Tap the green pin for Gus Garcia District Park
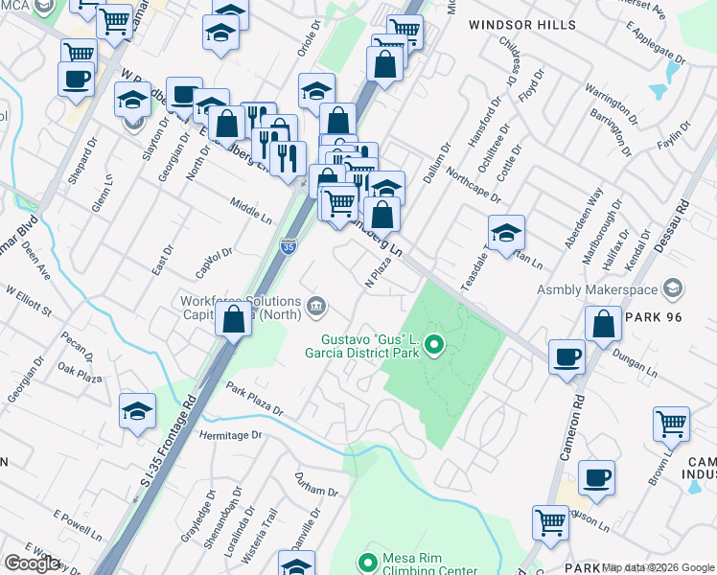pos(434,344)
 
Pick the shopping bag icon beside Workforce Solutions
pos(233,320)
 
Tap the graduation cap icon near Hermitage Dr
pos(137,411)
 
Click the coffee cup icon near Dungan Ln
pos(567,356)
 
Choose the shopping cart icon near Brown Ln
pos(671,423)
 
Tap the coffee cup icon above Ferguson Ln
pos(595,476)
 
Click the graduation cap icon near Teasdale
pos(506,231)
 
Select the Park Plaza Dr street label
pos(255,400)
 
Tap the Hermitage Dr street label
pos(229,434)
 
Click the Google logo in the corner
pos(32,563)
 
